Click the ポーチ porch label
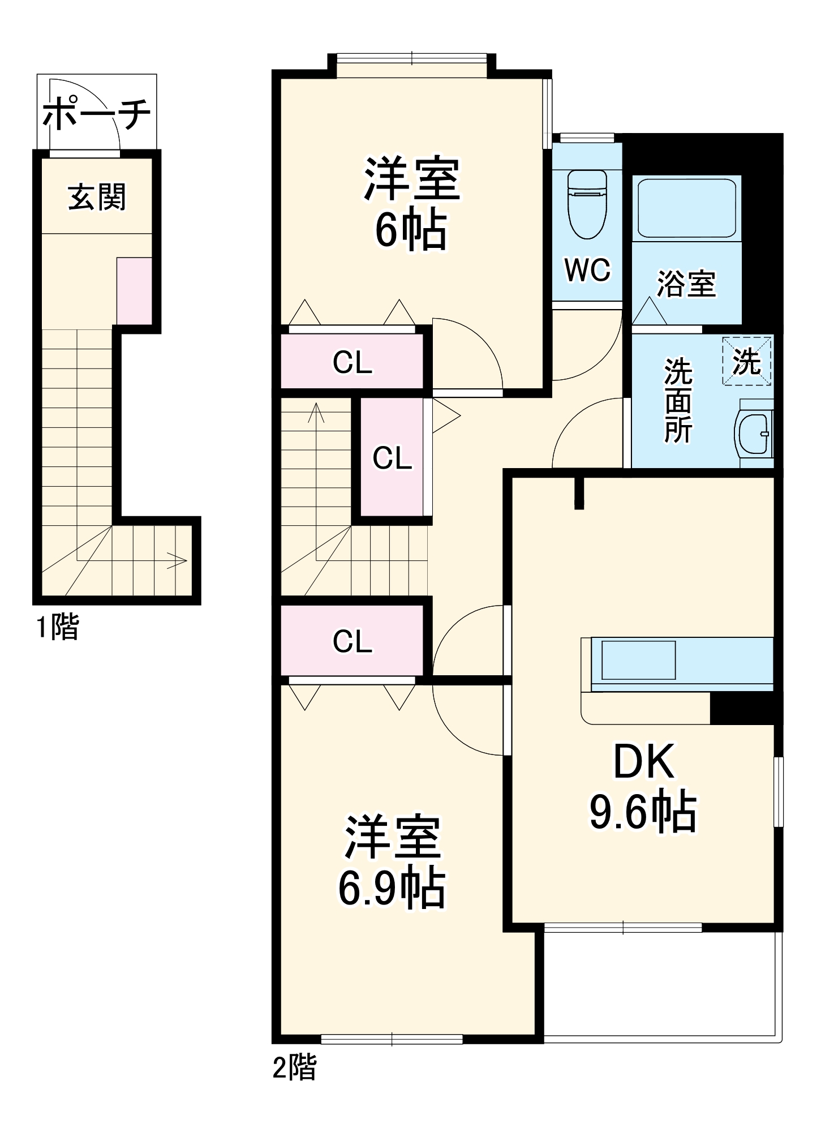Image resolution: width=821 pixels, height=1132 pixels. [x=97, y=113]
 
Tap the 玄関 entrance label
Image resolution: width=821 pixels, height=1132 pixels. [x=97, y=198]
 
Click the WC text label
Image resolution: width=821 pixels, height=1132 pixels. [x=587, y=270]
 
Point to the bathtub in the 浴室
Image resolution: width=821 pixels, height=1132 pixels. [x=686, y=208]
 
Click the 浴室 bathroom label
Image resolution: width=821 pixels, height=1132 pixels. [x=686, y=284]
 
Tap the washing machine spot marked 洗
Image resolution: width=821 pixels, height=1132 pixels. [x=746, y=361]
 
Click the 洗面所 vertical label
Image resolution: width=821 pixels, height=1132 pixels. [x=678, y=400]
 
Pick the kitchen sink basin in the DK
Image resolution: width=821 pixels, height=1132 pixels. [x=638, y=660]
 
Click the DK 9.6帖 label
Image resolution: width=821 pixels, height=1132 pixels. [x=643, y=787]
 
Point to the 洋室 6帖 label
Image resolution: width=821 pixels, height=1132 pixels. [x=411, y=204]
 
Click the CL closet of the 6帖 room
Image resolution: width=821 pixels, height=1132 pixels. [x=352, y=362]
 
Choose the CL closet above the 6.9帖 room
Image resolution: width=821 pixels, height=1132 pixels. [x=352, y=641]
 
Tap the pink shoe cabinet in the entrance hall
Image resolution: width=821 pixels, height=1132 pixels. [x=134, y=291]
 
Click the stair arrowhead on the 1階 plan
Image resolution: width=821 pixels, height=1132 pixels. [x=180, y=561]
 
